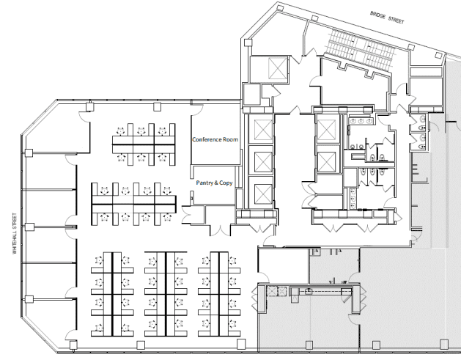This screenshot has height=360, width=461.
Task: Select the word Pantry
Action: [x=204, y=183]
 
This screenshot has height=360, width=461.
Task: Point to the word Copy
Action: [x=226, y=183]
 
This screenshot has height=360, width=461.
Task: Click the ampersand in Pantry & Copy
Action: [x=215, y=183]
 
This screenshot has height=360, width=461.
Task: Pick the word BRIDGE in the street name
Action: [x=377, y=15]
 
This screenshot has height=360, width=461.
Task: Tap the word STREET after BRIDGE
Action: [x=396, y=20]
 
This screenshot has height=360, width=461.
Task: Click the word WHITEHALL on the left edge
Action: [x=15, y=241]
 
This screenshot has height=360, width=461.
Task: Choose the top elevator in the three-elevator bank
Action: [x=262, y=130]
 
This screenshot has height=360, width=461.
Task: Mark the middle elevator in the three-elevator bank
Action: [x=263, y=162]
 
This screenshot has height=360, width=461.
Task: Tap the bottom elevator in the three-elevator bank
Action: [x=263, y=194]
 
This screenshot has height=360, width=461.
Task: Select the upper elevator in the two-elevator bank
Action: [x=326, y=130]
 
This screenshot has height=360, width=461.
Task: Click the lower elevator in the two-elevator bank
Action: [x=326, y=161]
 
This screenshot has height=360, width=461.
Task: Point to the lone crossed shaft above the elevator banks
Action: [x=278, y=68]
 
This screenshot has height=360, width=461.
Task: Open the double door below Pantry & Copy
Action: [x=220, y=229]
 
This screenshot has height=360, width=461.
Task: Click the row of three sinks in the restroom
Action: [x=361, y=121]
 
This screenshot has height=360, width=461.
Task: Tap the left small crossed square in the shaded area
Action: [x=272, y=292]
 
